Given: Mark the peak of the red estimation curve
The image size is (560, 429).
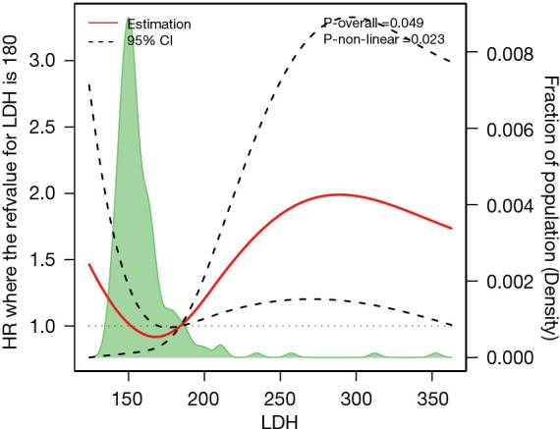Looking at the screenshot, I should [339, 194].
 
